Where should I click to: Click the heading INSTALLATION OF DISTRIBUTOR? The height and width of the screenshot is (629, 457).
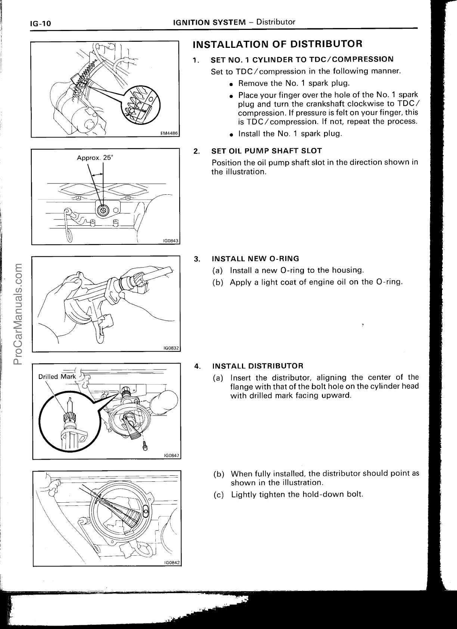[277, 44]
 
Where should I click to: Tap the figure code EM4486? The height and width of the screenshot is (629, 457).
[170, 133]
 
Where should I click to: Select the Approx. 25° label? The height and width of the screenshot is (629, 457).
[95, 158]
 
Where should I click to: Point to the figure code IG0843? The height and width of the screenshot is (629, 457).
[171, 241]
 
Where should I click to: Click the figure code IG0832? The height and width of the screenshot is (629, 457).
[172, 348]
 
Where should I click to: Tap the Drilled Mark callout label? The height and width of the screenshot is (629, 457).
[57, 377]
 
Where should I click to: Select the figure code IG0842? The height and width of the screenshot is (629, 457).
[172, 562]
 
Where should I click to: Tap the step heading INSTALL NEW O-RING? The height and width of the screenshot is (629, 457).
[255, 259]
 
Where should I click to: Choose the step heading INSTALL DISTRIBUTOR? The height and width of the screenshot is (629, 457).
[258, 366]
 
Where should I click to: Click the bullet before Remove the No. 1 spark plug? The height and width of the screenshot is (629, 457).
[232, 84]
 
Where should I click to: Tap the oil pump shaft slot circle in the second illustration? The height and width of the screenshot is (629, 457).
[102, 210]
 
